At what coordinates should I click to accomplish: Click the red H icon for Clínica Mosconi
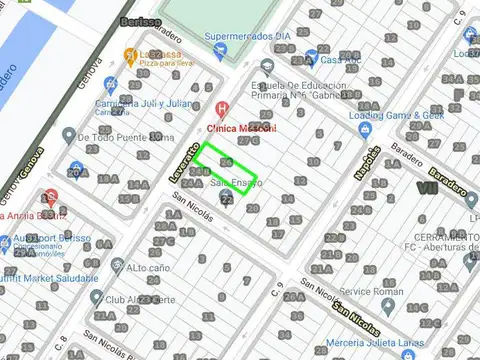click(222, 108)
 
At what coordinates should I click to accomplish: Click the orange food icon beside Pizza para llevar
click(130, 54)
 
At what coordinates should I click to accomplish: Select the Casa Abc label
click(341, 59)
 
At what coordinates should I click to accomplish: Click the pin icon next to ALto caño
click(116, 267)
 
